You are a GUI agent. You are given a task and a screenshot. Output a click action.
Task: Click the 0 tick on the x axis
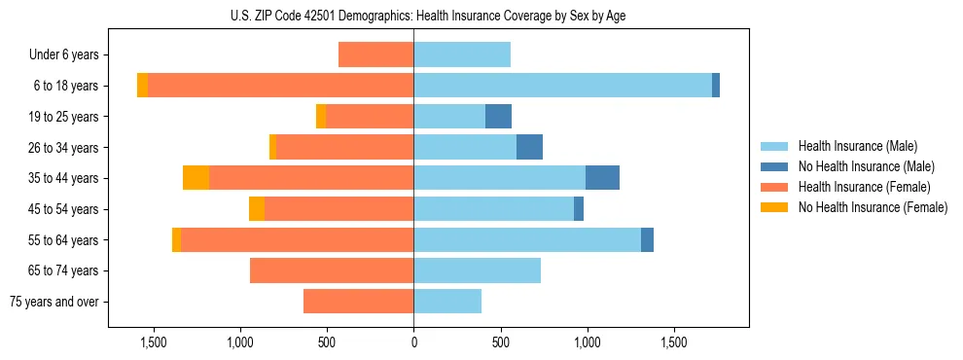(x=413, y=342)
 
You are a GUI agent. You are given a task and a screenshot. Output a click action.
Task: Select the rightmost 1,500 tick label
(x=674, y=342)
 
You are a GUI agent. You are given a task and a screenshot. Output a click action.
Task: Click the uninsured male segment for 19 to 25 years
(x=498, y=117)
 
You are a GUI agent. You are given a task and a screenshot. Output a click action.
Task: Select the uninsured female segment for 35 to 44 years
(x=196, y=178)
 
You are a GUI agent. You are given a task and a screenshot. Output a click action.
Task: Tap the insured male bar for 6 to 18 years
(x=562, y=86)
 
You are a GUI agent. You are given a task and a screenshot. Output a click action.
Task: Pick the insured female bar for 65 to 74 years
(x=332, y=270)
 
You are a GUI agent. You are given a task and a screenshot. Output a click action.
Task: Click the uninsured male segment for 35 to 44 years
(x=602, y=178)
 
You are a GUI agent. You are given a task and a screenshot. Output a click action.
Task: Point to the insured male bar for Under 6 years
(x=462, y=55)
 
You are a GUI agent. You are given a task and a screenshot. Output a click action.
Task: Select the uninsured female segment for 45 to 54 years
(x=257, y=209)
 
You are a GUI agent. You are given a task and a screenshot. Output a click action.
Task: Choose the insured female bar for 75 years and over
(x=358, y=302)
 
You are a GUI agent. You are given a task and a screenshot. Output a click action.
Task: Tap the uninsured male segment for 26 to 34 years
(x=529, y=148)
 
